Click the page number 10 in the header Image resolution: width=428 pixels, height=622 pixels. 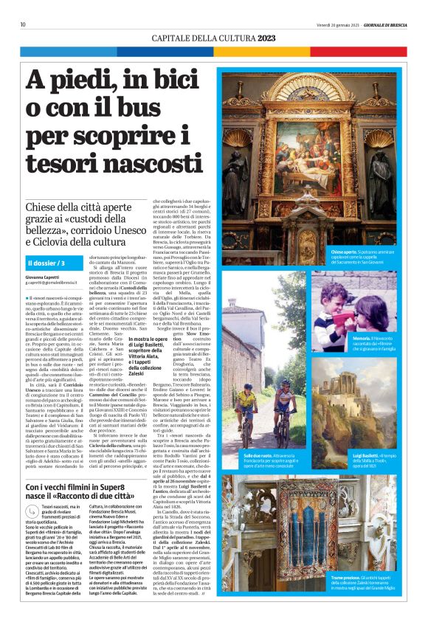[x=23, y=24]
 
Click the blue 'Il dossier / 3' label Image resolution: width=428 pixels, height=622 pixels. [x=46, y=263]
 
